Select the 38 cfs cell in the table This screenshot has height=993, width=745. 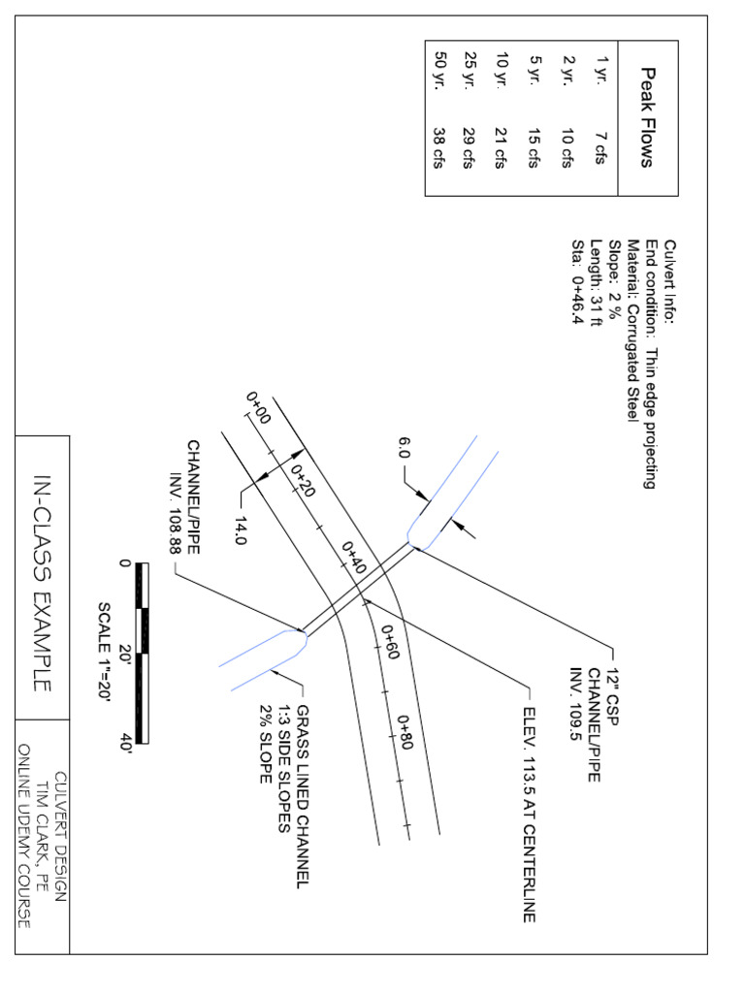[x=437, y=150]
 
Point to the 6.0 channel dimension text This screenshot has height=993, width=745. [x=404, y=448]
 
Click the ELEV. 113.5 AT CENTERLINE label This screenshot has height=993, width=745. [x=529, y=815]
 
